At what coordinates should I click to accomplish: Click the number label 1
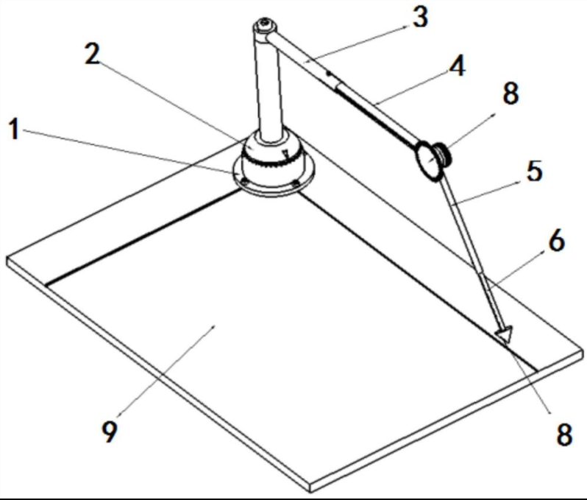14,130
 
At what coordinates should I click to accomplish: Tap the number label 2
93,53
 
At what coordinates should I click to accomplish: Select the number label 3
421,17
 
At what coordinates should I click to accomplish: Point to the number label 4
457,66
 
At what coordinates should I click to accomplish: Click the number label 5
534,172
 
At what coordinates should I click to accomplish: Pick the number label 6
556,240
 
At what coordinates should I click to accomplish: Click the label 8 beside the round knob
510,93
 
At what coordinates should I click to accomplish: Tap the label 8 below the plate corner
564,434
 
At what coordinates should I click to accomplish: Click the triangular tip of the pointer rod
505,334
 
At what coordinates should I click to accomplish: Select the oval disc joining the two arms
429,161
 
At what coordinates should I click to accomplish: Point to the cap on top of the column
265,27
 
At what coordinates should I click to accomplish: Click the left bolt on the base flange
244,182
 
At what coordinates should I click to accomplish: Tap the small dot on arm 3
329,74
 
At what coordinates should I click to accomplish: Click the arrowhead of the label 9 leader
214,327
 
